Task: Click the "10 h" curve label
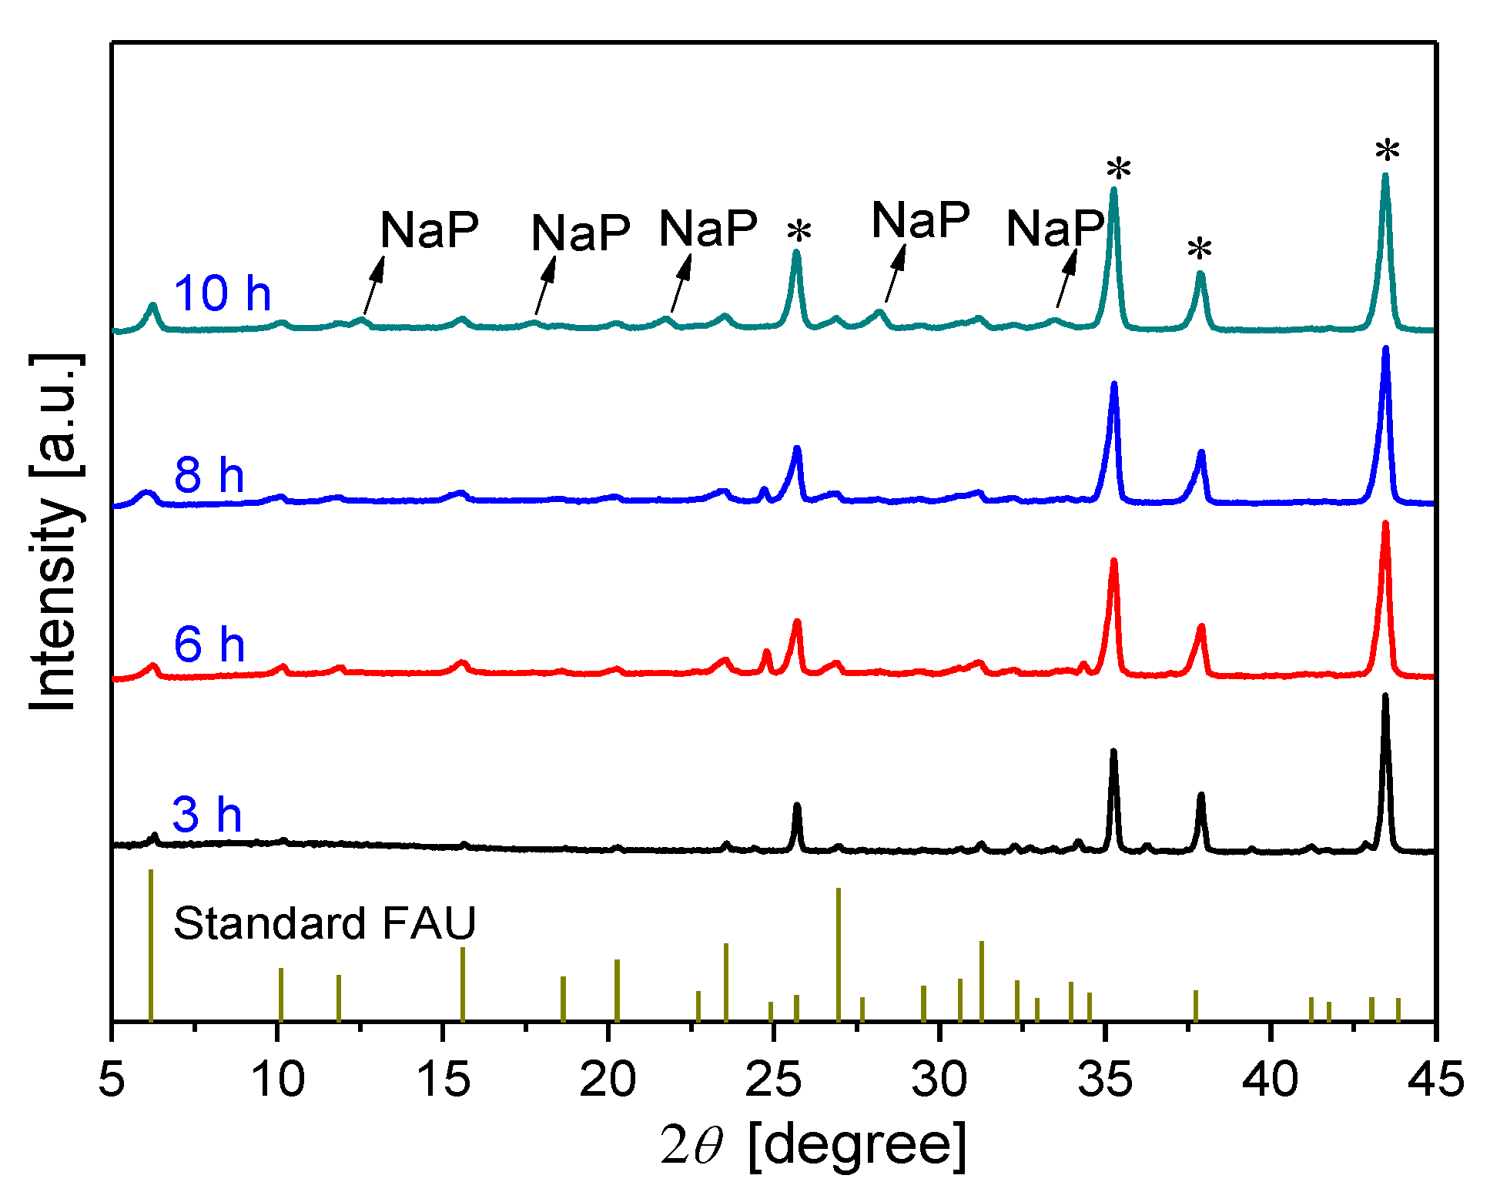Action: point(222,293)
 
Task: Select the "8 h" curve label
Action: point(209,474)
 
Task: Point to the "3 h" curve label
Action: point(206,814)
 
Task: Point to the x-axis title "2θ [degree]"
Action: point(812,1145)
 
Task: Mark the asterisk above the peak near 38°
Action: point(1199,251)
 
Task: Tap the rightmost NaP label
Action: point(1055,229)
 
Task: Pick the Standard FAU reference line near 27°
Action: point(838,955)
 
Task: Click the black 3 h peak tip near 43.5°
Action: point(1385,696)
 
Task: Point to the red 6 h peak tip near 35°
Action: point(1113,561)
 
